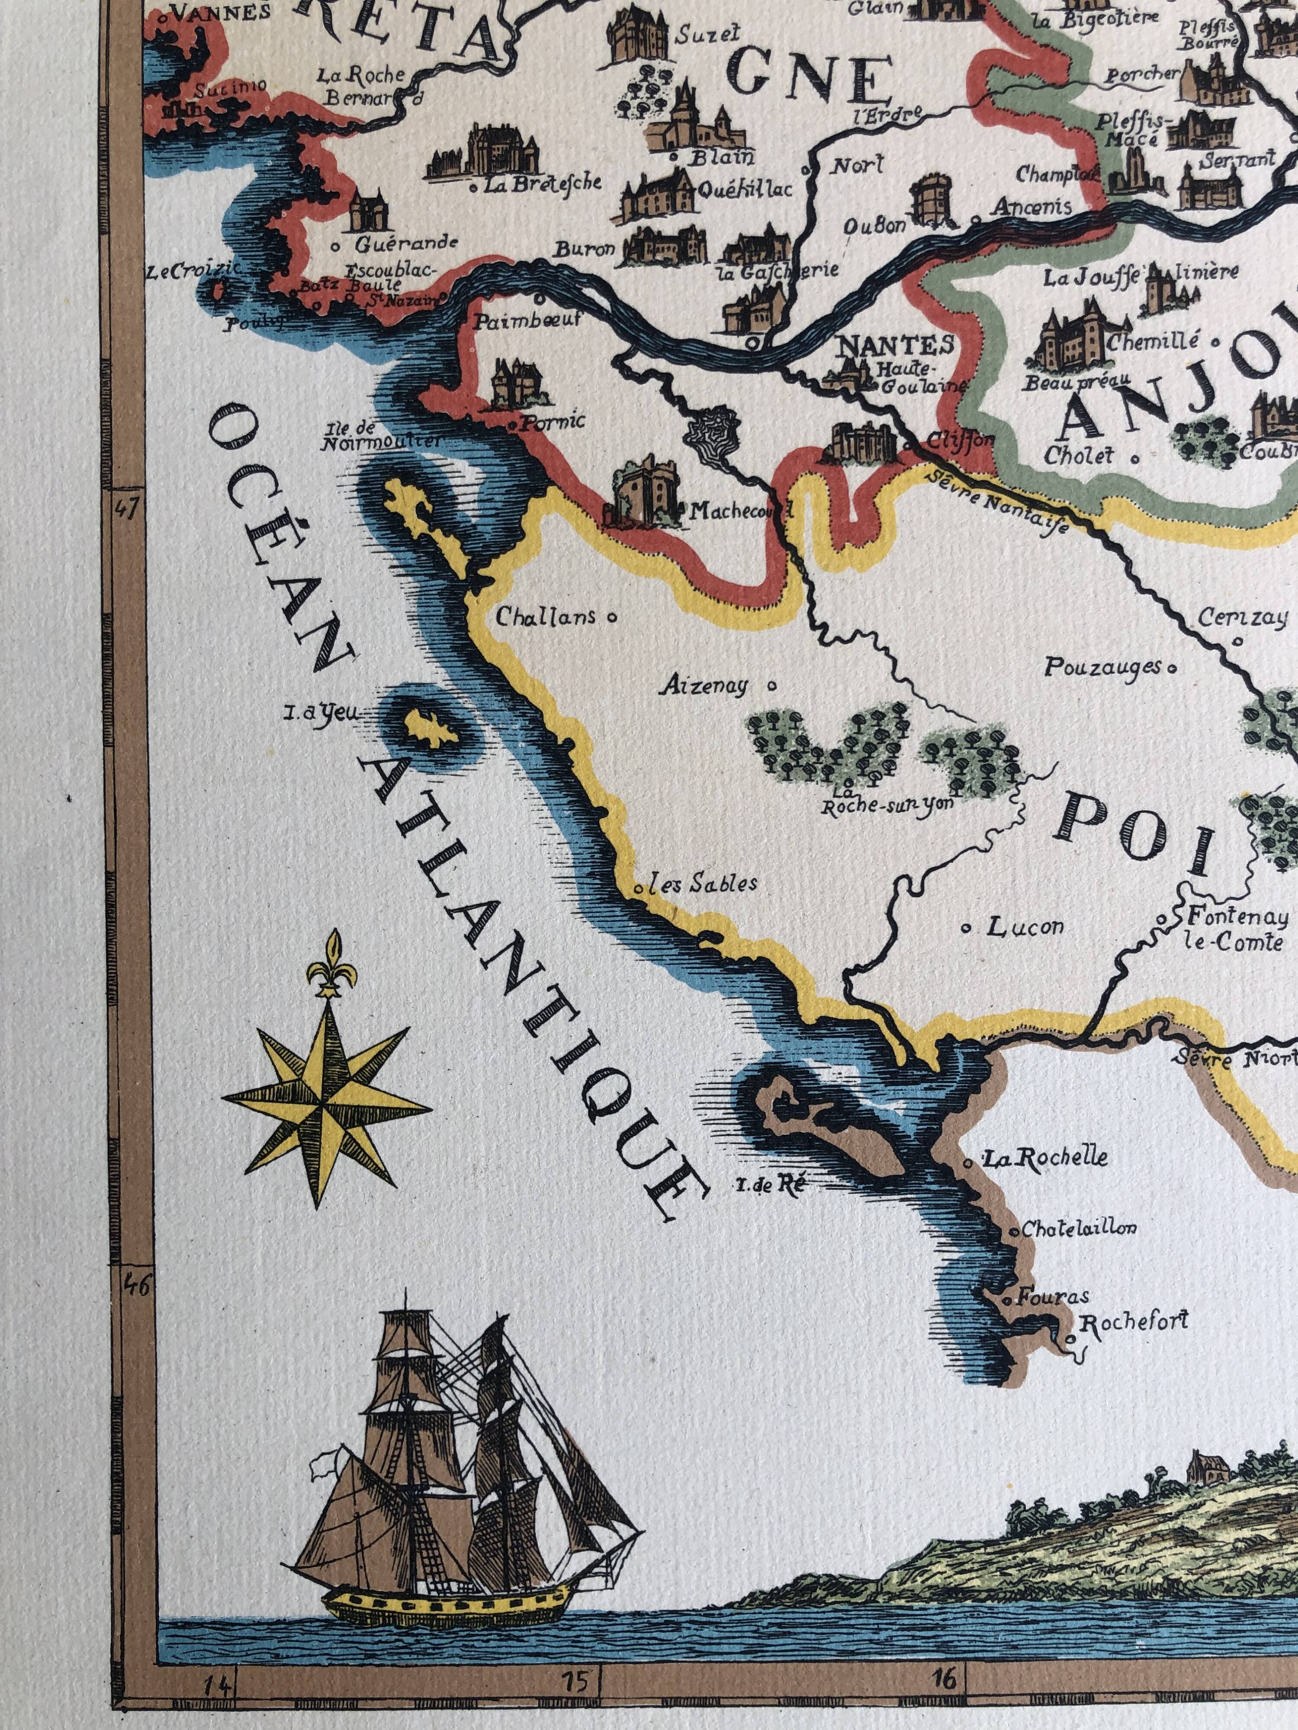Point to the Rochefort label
point(1133,1322)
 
